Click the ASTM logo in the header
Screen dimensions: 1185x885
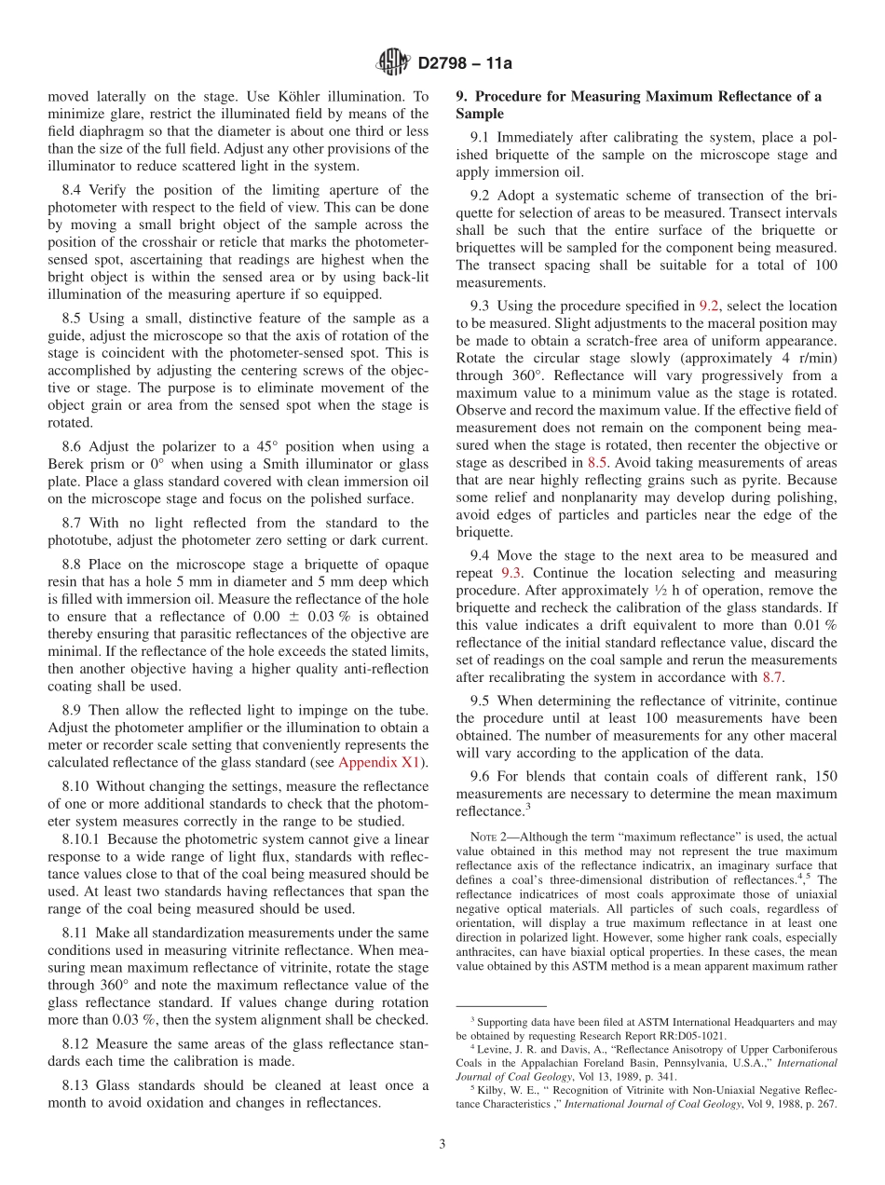coord(392,62)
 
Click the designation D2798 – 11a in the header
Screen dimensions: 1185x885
coord(465,63)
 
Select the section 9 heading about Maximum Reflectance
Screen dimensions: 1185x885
coord(639,104)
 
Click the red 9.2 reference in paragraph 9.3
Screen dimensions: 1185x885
coord(709,306)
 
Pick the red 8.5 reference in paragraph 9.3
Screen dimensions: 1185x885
coord(597,462)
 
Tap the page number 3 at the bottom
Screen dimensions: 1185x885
coord(442,1144)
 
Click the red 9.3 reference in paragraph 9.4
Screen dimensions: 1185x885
coord(512,574)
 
